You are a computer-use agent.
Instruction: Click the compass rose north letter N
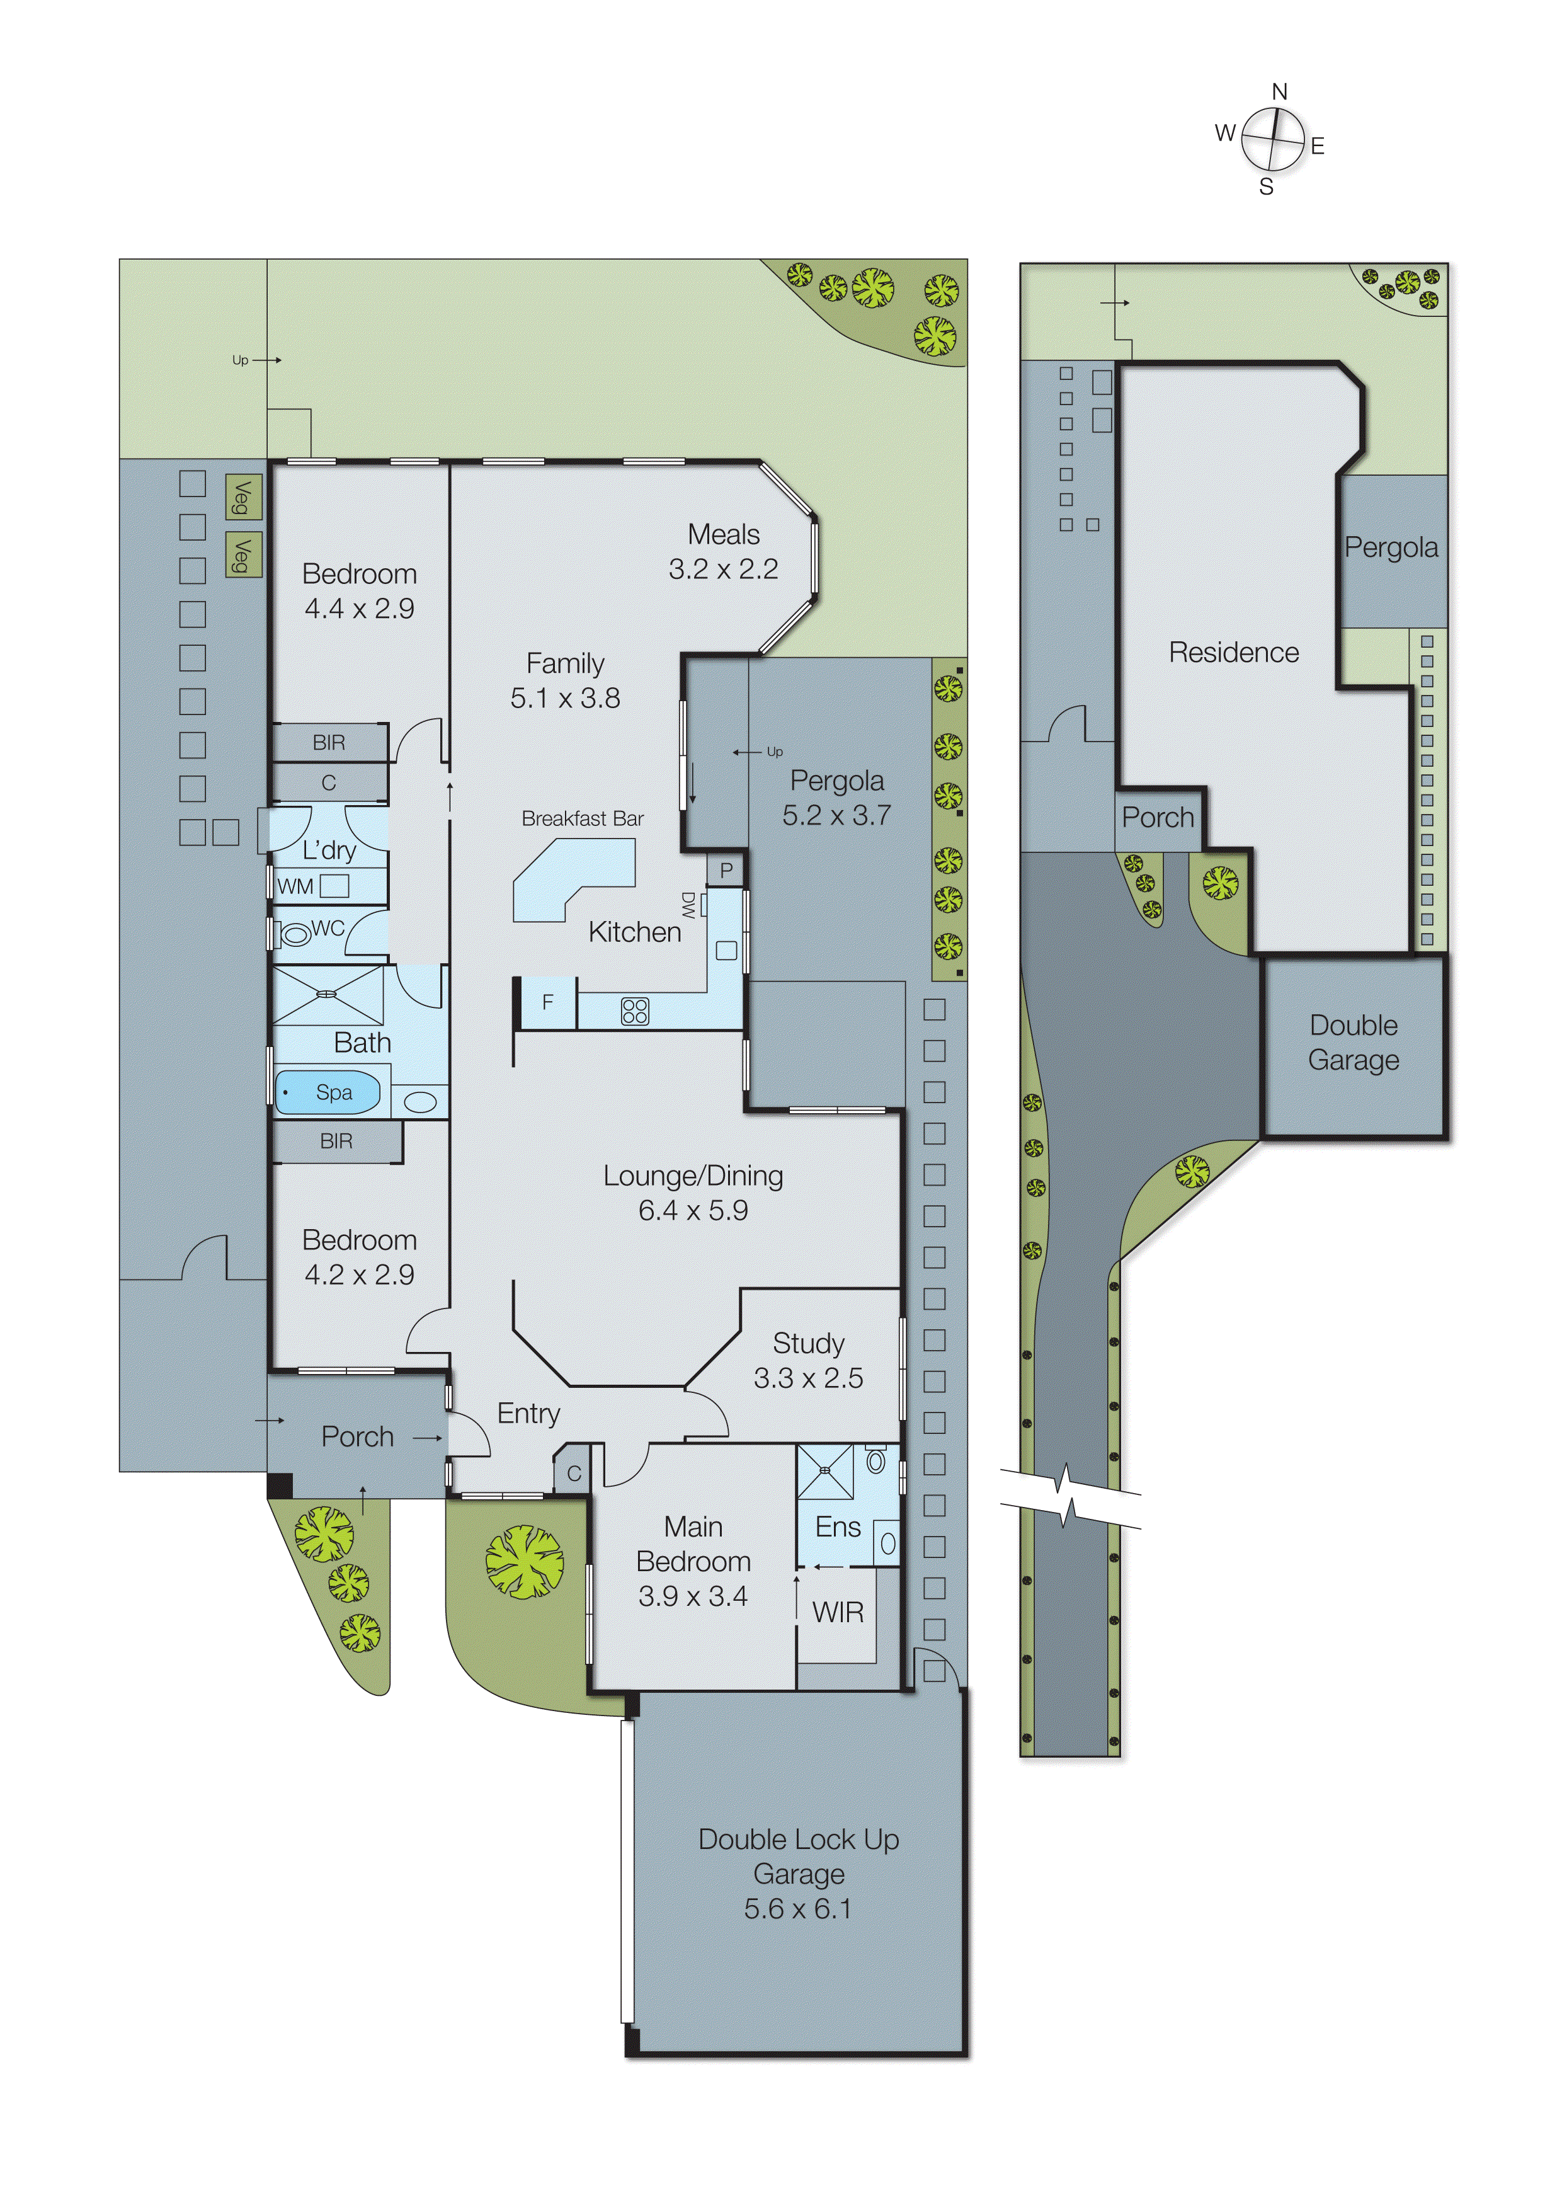click(x=1279, y=93)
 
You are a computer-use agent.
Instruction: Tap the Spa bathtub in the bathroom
click(x=328, y=1092)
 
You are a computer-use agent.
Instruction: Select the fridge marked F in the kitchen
click(x=547, y=1002)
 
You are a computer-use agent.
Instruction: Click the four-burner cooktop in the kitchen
click(x=634, y=1011)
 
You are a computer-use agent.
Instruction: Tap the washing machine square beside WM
click(x=334, y=886)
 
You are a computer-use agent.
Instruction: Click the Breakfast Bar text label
click(x=582, y=818)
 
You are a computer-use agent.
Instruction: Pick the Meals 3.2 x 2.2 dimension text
click(x=723, y=569)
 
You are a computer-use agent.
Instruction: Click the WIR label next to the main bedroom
click(x=837, y=1612)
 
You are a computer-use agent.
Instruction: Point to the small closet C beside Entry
click(x=574, y=1474)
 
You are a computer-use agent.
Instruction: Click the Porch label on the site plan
click(x=1157, y=817)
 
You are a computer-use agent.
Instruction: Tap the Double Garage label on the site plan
click(x=1352, y=1043)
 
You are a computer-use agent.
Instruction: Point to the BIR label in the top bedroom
click(x=328, y=742)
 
